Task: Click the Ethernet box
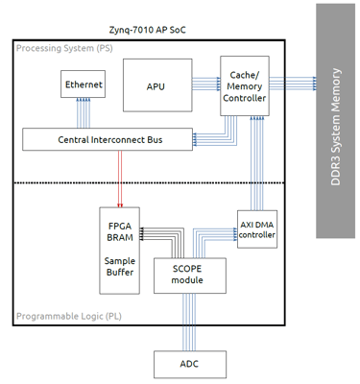click(83, 85)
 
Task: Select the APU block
click(156, 85)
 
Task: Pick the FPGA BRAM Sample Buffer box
click(120, 248)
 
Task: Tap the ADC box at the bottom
click(189, 363)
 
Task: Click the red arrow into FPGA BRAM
click(120, 178)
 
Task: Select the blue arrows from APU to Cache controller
click(205, 85)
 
